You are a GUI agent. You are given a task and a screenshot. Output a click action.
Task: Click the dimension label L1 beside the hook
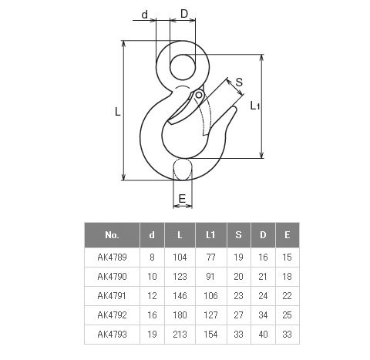click(255, 106)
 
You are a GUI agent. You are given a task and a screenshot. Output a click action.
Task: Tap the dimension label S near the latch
click(239, 82)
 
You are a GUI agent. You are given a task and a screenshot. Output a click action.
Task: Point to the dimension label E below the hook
click(182, 199)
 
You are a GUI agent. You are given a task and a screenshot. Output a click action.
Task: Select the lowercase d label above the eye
click(145, 15)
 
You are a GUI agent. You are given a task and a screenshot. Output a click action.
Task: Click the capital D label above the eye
click(184, 14)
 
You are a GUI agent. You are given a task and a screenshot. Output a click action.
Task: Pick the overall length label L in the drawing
click(117, 112)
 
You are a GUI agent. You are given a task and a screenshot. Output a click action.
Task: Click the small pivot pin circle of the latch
click(199, 96)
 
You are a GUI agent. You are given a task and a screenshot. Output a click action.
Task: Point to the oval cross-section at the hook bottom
click(183, 170)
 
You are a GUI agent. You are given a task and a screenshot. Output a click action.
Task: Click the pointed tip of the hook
click(234, 107)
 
